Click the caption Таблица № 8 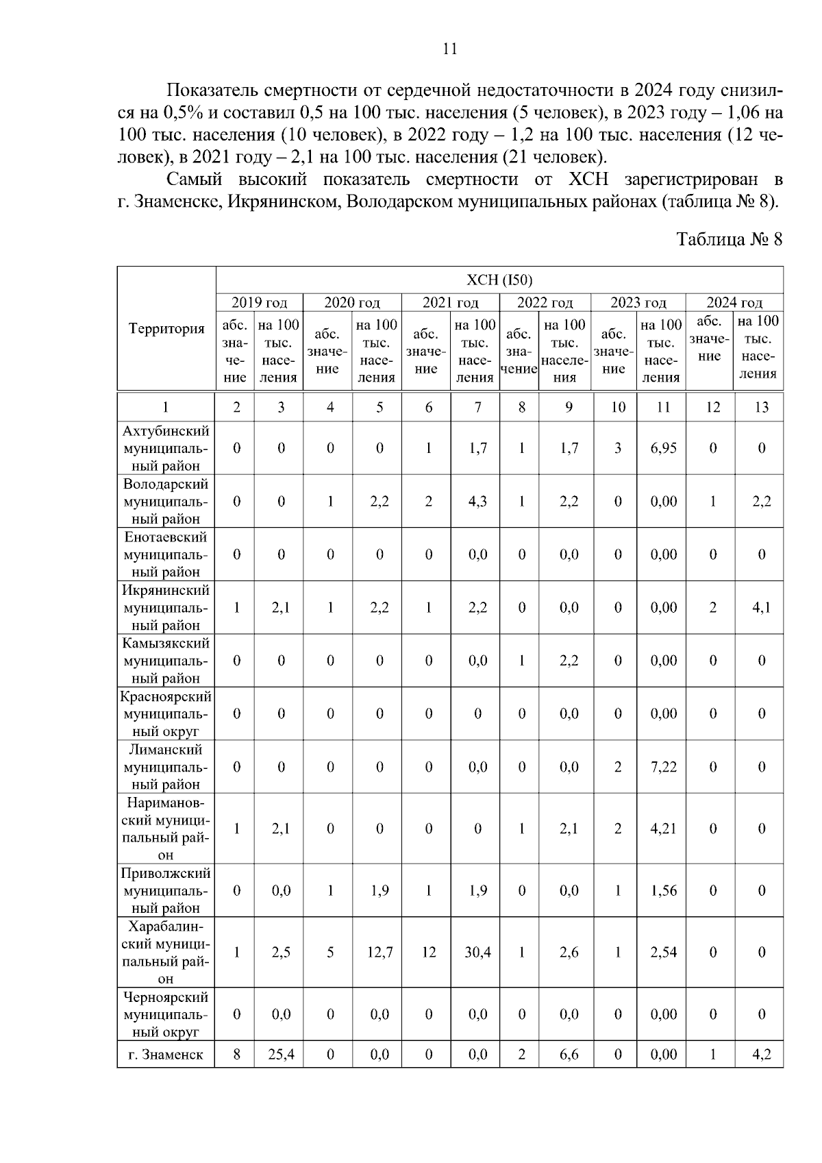click(x=729, y=239)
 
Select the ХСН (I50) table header click(x=499, y=280)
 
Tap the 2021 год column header click(x=450, y=302)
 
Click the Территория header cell click(x=166, y=329)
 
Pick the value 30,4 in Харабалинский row click(x=477, y=952)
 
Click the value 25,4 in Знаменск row click(x=281, y=1054)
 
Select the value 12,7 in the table click(x=379, y=952)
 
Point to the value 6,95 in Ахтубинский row click(x=663, y=448)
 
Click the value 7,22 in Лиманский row click(x=663, y=767)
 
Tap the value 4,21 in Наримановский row click(x=663, y=829)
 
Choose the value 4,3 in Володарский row click(x=477, y=501)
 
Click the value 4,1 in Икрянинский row click(x=761, y=607)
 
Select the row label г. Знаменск click(x=166, y=1054)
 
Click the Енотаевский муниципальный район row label click(x=166, y=554)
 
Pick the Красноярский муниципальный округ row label click(x=166, y=713)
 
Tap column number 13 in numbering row click(x=761, y=407)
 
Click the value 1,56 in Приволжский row click(x=663, y=890)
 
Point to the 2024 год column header click(x=734, y=302)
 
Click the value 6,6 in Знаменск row click(x=569, y=1054)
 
